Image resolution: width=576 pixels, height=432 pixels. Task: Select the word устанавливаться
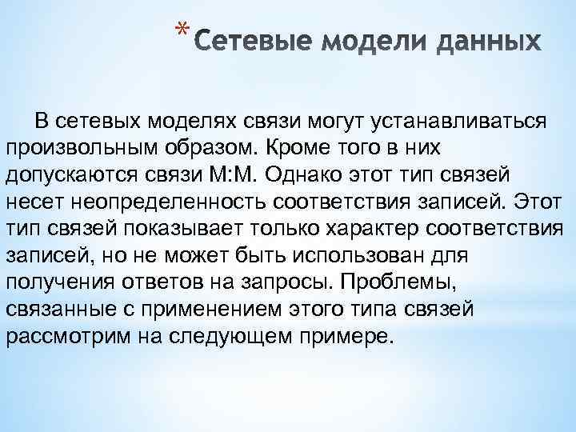click(x=463, y=120)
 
